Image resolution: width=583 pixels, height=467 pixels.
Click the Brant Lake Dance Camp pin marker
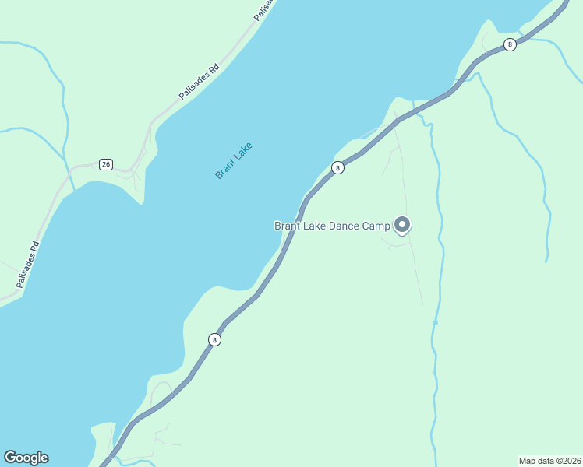point(402,225)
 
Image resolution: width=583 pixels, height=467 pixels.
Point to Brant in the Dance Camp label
point(288,226)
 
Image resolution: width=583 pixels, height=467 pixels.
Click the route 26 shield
point(106,164)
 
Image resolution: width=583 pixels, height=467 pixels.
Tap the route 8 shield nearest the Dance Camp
point(337,167)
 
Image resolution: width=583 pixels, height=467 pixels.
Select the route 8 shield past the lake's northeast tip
point(510,44)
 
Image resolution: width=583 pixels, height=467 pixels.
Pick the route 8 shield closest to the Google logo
point(214,339)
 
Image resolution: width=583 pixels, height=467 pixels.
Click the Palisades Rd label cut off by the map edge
point(264,8)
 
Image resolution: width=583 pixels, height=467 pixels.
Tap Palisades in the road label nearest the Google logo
point(25,271)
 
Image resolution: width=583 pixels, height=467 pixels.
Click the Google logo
point(26,458)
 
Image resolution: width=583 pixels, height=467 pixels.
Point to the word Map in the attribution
point(528,461)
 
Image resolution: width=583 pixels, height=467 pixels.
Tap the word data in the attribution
point(545,461)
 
